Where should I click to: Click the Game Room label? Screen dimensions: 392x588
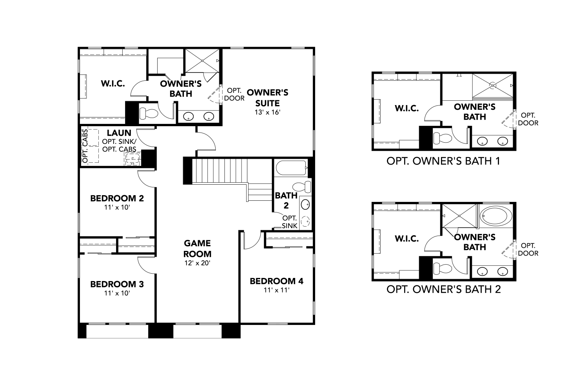(x=197, y=249)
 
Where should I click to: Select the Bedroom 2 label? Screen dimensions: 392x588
(x=117, y=198)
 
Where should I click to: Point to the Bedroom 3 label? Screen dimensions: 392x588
(x=117, y=284)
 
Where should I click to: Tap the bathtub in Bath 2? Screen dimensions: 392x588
(x=291, y=168)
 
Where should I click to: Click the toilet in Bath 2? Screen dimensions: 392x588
(x=303, y=186)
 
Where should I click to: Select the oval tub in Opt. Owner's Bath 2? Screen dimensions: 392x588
(x=496, y=216)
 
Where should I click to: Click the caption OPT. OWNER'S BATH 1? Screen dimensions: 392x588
(x=443, y=161)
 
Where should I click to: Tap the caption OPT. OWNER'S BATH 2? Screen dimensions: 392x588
(x=443, y=289)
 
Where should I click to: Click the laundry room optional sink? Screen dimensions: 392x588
(x=132, y=159)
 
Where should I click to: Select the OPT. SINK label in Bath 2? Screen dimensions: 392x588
(x=289, y=221)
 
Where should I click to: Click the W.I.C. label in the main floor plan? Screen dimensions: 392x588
(x=113, y=83)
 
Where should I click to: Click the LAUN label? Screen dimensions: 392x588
(x=119, y=133)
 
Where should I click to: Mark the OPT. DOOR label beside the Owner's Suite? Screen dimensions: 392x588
(x=234, y=94)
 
